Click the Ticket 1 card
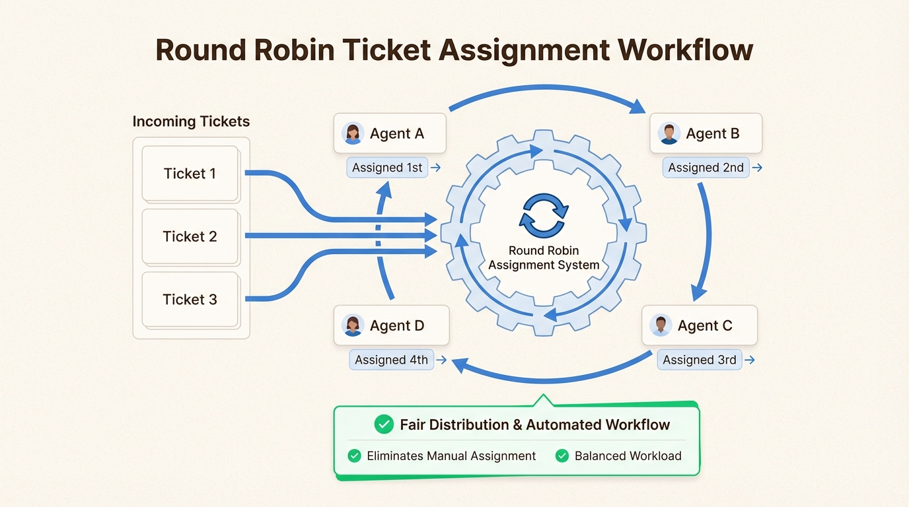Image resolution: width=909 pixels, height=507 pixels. (x=190, y=174)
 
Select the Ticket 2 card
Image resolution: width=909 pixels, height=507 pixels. (x=190, y=236)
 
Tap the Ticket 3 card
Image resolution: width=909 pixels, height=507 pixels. (x=190, y=299)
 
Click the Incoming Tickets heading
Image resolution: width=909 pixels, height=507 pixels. (x=191, y=121)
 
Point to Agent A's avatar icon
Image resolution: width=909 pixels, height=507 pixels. (x=353, y=133)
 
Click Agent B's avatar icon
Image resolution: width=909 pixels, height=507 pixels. (x=669, y=133)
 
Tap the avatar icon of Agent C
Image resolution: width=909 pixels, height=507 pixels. (x=661, y=325)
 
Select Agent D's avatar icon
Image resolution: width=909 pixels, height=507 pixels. (x=353, y=325)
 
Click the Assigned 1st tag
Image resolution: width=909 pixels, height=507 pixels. (x=387, y=168)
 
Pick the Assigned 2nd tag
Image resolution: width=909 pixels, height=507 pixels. (x=706, y=168)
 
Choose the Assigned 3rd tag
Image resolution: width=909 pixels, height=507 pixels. (x=699, y=360)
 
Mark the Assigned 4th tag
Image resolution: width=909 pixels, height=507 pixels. (x=391, y=360)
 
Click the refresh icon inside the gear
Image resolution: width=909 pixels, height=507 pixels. (x=544, y=216)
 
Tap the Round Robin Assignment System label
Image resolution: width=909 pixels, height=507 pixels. (x=544, y=258)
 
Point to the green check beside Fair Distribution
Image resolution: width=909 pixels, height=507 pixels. (x=384, y=424)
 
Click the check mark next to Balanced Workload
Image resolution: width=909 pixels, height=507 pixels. (x=562, y=456)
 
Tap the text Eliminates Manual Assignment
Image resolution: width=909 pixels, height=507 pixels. (x=451, y=456)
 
